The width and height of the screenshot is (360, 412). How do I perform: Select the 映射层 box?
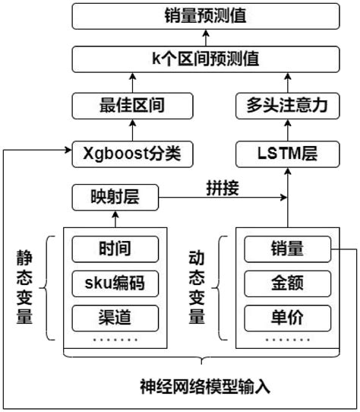click(x=116, y=198)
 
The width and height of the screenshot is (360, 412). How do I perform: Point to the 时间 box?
click(x=116, y=249)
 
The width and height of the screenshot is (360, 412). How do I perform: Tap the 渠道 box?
click(x=116, y=315)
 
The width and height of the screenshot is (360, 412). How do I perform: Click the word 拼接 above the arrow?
click(x=223, y=188)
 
